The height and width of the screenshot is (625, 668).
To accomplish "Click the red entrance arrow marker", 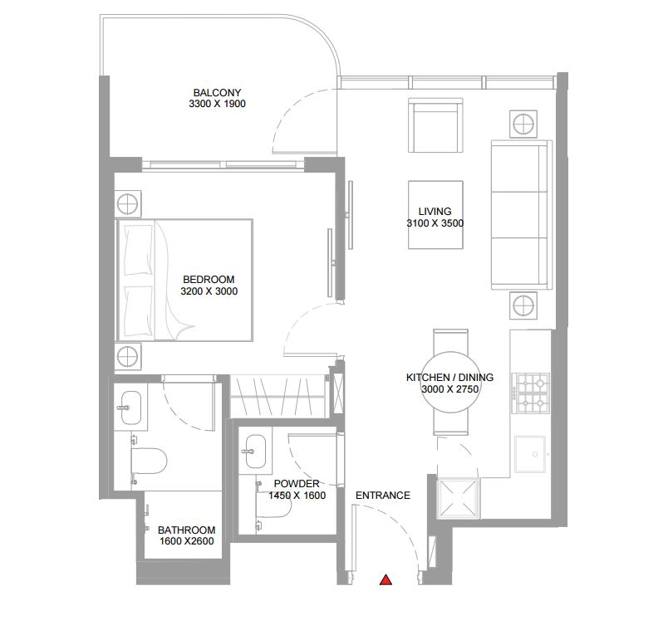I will pyautogui.click(x=385, y=580).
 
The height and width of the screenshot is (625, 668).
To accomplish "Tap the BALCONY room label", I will pyautogui.click(x=217, y=92).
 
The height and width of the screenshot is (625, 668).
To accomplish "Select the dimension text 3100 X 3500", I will pyautogui.click(x=435, y=223).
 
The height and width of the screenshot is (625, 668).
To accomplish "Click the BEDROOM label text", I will pyautogui.click(x=208, y=280).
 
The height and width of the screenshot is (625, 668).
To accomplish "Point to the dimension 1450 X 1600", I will pyautogui.click(x=296, y=496).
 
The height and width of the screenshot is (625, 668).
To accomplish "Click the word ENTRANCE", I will pyautogui.click(x=382, y=496).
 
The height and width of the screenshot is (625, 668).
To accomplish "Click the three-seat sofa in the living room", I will pyautogui.click(x=521, y=216).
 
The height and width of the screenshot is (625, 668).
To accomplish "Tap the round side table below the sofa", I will pyautogui.click(x=523, y=305).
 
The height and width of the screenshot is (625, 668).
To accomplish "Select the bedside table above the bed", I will pyautogui.click(x=128, y=203).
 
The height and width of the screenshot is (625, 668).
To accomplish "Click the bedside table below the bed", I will pyautogui.click(x=128, y=357).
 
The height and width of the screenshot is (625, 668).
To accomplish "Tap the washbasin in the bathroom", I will pyautogui.click(x=129, y=407).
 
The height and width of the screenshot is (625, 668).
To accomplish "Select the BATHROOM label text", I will pyautogui.click(x=186, y=530).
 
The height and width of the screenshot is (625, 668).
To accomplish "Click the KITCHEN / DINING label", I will pyautogui.click(x=449, y=378).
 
